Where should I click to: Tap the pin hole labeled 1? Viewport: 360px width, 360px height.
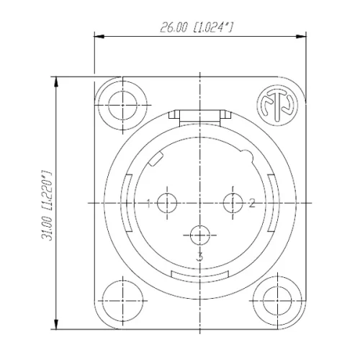[166, 204]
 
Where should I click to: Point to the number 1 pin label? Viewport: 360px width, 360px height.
[148, 204]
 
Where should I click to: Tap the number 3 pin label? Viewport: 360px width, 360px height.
[200, 256]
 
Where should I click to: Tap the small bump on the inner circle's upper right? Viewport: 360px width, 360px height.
[247, 155]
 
